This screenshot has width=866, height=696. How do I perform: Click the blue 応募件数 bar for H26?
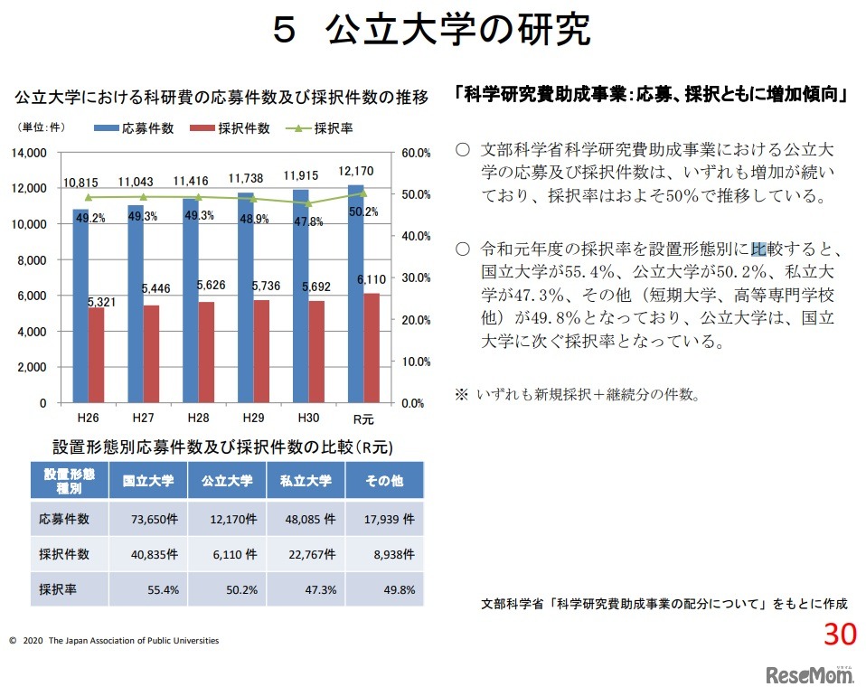point(80,307)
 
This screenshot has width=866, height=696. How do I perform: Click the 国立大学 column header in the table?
point(148,481)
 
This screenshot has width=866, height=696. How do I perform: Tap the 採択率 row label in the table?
point(58,589)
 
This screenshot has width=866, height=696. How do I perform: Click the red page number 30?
point(839,635)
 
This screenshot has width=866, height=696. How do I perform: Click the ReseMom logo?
point(809,674)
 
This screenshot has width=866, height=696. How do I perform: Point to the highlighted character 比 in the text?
point(758,249)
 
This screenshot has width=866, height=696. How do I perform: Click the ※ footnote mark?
point(461,394)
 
